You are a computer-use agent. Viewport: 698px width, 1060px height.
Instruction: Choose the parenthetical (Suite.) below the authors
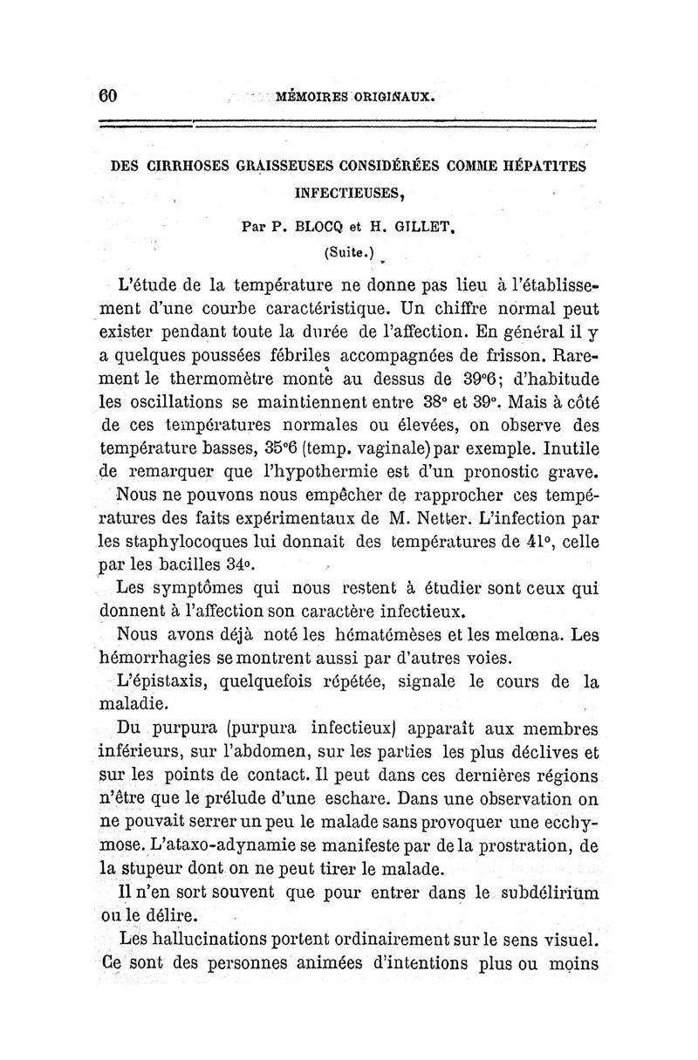(x=348, y=253)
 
